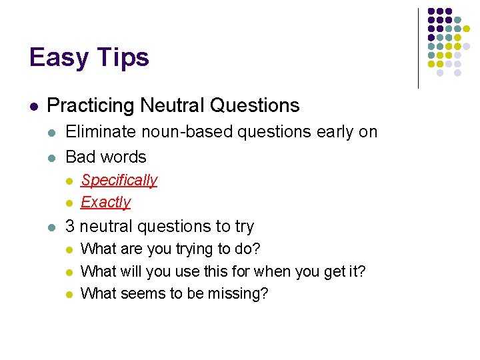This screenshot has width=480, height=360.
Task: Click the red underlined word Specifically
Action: tap(119, 180)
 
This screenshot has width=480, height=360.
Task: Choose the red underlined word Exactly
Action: tap(105, 202)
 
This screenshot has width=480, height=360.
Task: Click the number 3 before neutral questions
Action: tap(70, 227)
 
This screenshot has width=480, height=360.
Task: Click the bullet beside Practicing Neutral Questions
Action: tap(33, 106)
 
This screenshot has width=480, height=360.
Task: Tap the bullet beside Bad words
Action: tap(52, 158)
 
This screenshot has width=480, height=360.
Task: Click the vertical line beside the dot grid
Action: tap(418, 47)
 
